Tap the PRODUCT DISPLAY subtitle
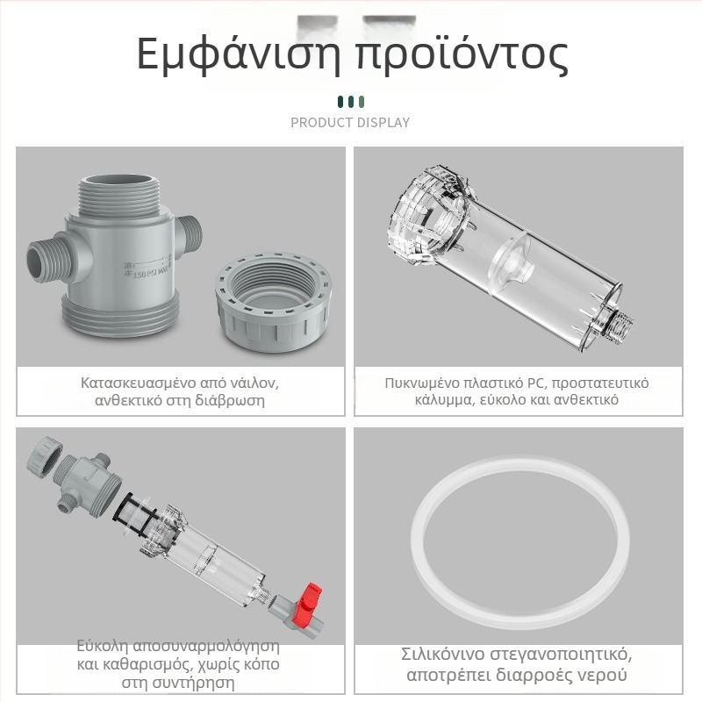[350, 122]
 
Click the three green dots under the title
[350, 102]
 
